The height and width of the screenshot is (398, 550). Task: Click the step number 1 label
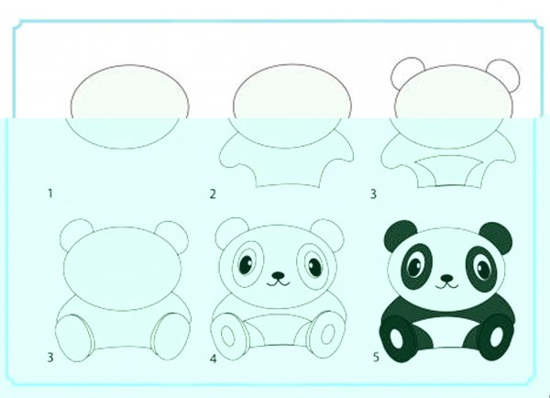(x=50, y=193)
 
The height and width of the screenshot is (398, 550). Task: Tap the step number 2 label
(x=213, y=193)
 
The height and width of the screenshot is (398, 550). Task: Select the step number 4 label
(x=214, y=359)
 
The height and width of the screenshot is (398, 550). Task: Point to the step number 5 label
(x=376, y=358)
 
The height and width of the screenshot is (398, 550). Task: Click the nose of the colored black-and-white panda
(x=446, y=278)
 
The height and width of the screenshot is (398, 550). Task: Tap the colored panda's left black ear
(x=399, y=235)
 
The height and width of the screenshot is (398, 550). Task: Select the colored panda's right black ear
(x=496, y=237)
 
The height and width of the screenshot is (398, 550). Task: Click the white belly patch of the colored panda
(x=446, y=332)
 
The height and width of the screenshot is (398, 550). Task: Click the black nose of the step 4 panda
(x=279, y=275)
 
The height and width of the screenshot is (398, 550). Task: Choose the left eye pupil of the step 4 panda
(x=246, y=265)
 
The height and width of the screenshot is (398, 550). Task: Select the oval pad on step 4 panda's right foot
(x=327, y=334)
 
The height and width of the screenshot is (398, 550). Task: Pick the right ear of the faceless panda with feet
(x=172, y=235)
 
